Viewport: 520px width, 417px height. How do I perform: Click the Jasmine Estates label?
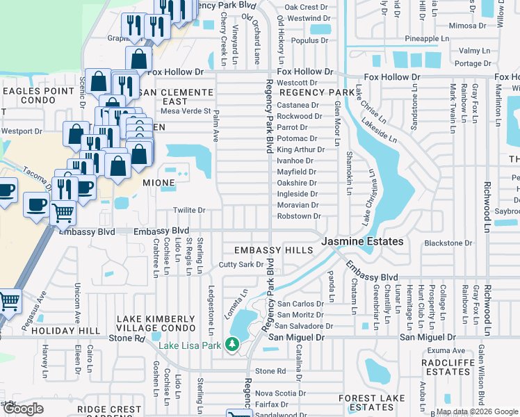pyautogui.click(x=362, y=241)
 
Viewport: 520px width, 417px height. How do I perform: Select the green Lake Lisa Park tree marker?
pyautogui.click(x=233, y=344)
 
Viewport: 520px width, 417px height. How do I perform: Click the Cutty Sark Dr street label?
pyautogui.click(x=241, y=265)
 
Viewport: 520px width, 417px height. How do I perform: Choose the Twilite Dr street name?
pyautogui.click(x=189, y=211)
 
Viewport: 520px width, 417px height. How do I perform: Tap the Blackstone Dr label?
pyautogui.click(x=448, y=243)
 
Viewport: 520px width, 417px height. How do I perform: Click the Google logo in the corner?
pyautogui.click(x=23, y=409)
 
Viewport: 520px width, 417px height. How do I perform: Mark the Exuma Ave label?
pyautogui.click(x=442, y=351)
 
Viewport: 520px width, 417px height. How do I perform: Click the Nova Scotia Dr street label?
pyautogui.click(x=279, y=393)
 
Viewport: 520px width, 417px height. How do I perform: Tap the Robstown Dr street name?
pyautogui.click(x=298, y=216)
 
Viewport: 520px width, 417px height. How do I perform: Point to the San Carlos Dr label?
pyautogui.click(x=300, y=304)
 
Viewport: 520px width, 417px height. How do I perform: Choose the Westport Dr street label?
pyautogui.click(x=22, y=131)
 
